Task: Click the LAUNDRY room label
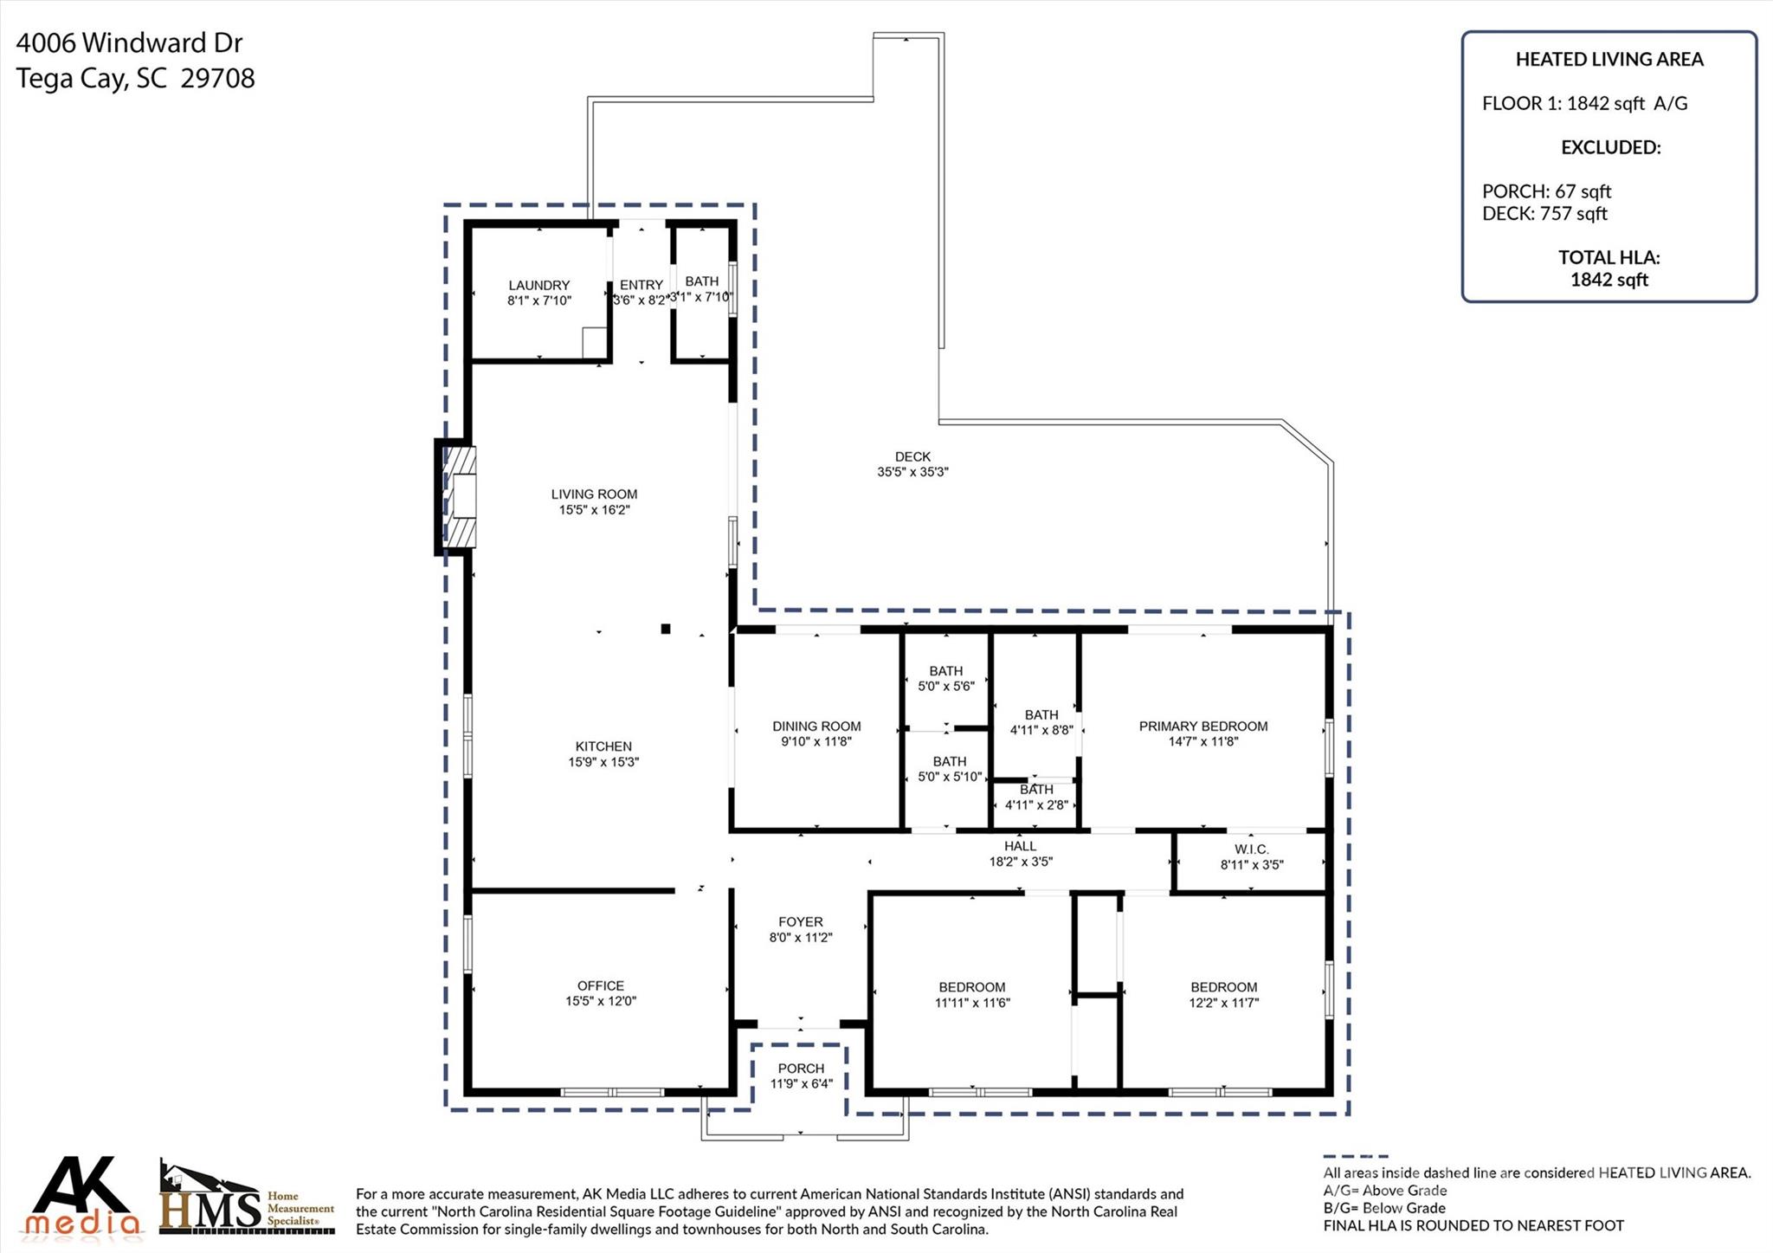click(538, 286)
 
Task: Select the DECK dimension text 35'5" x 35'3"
click(912, 472)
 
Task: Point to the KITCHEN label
click(603, 746)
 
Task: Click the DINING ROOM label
click(816, 727)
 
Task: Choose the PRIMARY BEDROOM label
click(1202, 727)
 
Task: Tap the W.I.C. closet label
click(1251, 849)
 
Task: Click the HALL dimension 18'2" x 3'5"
click(1021, 862)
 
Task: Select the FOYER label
click(800, 922)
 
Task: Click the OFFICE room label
click(600, 985)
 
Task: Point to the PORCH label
click(801, 1069)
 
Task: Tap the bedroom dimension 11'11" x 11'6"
click(972, 1003)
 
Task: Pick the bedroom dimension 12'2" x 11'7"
click(1223, 1003)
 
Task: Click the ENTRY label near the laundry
click(641, 285)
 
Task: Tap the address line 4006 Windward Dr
click(129, 42)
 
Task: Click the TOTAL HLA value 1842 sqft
click(1609, 280)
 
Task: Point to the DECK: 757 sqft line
click(1544, 214)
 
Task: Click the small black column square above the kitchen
click(665, 629)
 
